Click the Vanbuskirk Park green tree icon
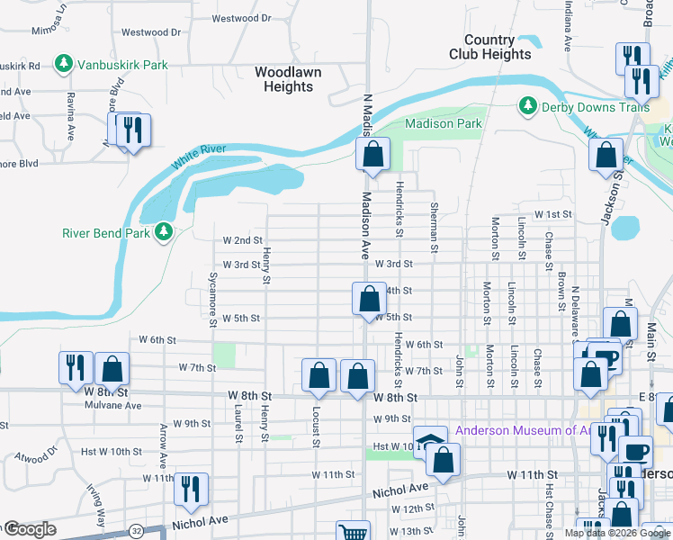pos(63,65)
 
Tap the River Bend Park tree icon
pos(163,233)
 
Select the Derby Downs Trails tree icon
pos(528,107)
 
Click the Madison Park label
pos(444,124)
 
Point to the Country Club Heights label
pos(490,47)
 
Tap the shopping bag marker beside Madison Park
pos(372,154)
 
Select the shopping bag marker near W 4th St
pos(368,298)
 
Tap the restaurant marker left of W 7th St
pos(75,367)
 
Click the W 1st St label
pos(553,214)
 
